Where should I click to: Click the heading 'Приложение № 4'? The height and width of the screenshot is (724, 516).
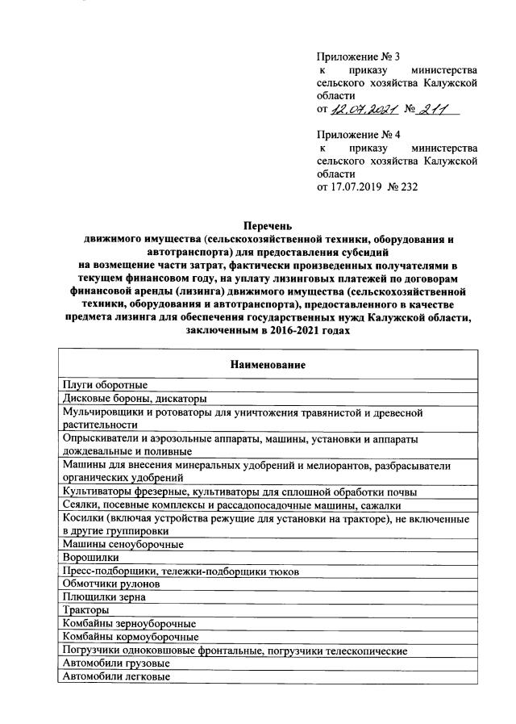point(359,135)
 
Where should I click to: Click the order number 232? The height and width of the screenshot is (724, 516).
point(409,187)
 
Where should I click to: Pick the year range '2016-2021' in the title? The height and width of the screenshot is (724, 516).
point(306,330)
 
